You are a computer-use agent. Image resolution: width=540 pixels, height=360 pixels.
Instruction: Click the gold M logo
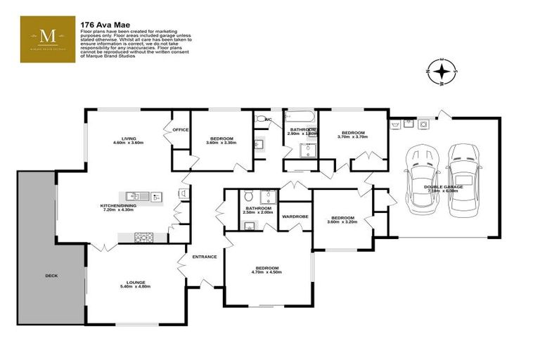[x=48, y=39]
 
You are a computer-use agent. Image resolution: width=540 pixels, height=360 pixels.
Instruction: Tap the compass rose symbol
[x=442, y=72]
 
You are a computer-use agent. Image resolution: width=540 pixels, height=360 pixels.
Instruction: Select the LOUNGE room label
[x=136, y=282]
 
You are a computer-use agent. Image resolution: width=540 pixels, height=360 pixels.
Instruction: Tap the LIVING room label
[x=128, y=139]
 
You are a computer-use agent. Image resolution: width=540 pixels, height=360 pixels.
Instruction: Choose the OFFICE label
[x=181, y=129]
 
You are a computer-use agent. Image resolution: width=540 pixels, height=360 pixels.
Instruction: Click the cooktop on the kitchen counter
[x=144, y=237]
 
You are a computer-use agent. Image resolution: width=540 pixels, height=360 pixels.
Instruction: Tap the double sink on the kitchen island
[x=144, y=195]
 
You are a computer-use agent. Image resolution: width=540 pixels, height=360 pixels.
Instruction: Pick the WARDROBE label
[x=295, y=217]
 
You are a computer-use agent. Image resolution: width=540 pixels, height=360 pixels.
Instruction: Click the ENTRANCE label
[x=204, y=257]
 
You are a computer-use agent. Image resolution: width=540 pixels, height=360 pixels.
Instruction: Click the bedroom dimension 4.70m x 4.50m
[x=268, y=273]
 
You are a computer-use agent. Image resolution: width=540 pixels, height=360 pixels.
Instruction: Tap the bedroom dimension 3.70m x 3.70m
[x=352, y=138]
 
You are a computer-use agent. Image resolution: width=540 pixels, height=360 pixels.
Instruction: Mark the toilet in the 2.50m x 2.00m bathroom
[x=250, y=226]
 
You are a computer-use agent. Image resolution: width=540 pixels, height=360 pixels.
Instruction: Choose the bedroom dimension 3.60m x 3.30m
[x=221, y=143]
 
